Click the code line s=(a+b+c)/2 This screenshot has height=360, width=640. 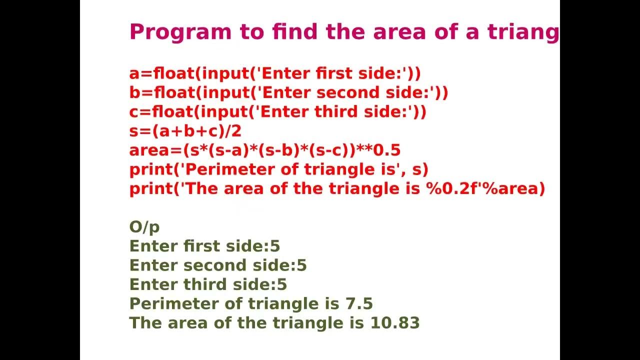(x=185, y=131)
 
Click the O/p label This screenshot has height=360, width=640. (x=144, y=227)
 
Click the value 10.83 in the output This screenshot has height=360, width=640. (x=394, y=322)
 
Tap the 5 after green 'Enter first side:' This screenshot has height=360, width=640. (x=275, y=246)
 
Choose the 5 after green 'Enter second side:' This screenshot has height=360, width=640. (x=301, y=265)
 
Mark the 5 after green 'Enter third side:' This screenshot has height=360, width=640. (x=282, y=284)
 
